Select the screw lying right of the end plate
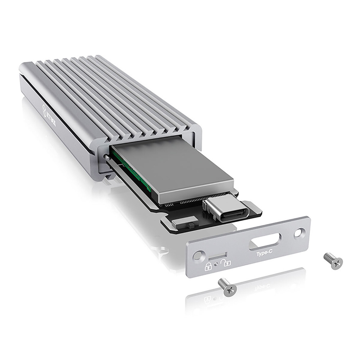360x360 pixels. (333, 260)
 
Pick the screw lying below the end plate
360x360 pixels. (228, 287)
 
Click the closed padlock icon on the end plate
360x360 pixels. (208, 266)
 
